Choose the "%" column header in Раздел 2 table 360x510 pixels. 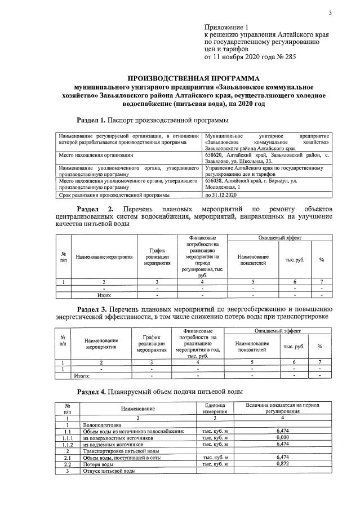click(321, 259)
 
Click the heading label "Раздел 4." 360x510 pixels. click(91, 391)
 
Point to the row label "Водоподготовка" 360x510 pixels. click(102, 424)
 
